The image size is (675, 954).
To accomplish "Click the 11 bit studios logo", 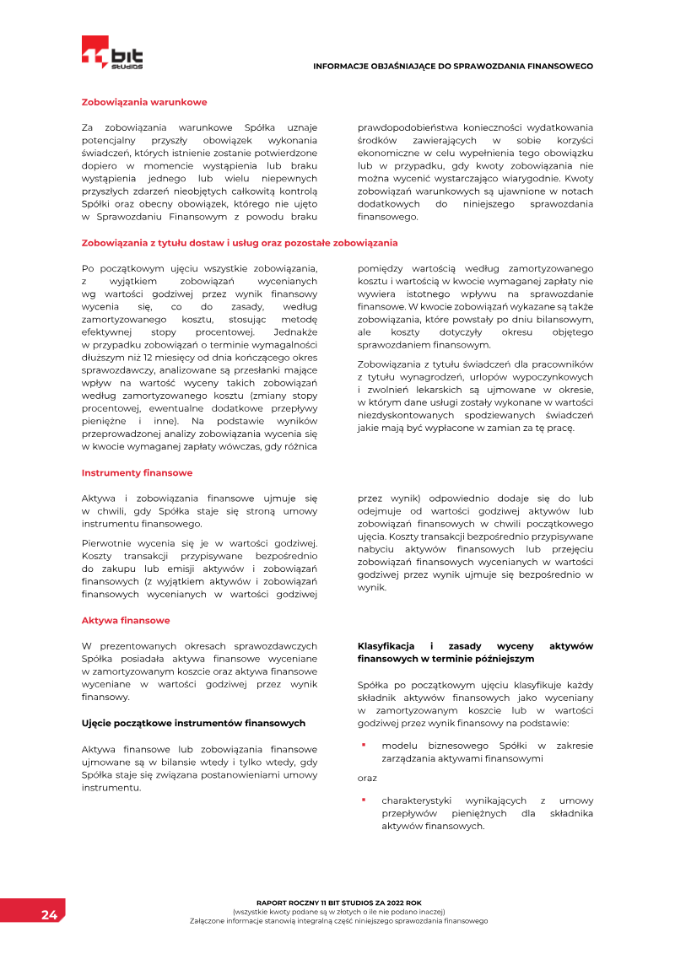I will [x=112, y=53].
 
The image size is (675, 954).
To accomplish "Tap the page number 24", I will [x=49, y=915].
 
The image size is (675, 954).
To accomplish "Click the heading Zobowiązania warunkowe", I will [x=143, y=102].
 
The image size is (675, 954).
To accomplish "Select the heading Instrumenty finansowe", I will [x=137, y=472].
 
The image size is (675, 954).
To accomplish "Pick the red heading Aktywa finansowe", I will [x=126, y=620].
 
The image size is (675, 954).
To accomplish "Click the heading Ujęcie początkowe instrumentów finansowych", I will [x=193, y=723].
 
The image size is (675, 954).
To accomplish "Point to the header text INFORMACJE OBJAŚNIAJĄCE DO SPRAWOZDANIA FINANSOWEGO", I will [x=453, y=66].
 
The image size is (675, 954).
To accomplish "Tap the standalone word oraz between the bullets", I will [x=367, y=777].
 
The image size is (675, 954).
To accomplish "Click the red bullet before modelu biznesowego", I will [x=363, y=745].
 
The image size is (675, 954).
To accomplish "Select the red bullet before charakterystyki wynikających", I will [x=363, y=800].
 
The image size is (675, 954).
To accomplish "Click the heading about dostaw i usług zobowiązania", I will [x=239, y=243].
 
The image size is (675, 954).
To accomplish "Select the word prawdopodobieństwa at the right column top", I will [x=408, y=127].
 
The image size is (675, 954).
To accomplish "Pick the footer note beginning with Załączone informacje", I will [x=338, y=920].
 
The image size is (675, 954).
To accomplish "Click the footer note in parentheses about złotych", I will [x=338, y=911].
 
